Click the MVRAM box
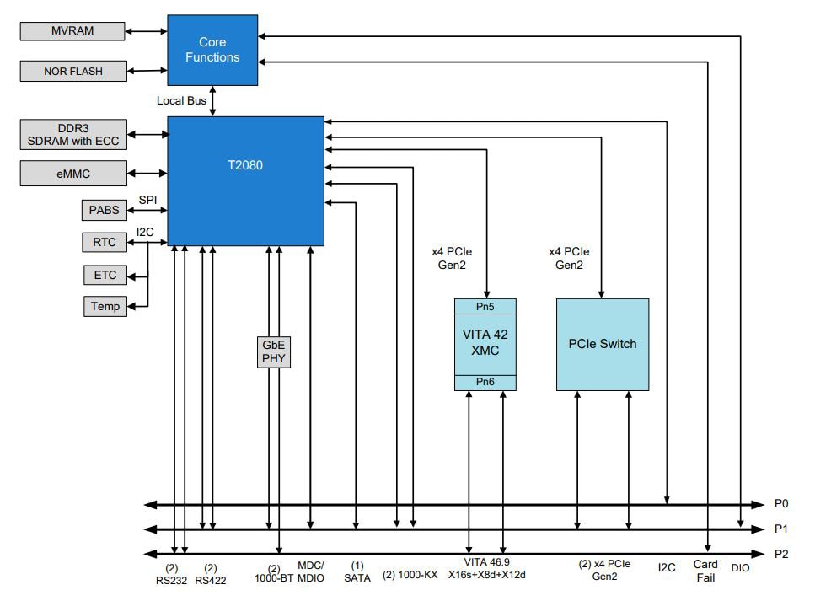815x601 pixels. pyautogui.click(x=72, y=31)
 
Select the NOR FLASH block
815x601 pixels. pyautogui.click(x=72, y=72)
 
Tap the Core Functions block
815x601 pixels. pyautogui.click(x=212, y=50)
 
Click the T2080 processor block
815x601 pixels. pyautogui.click(x=245, y=180)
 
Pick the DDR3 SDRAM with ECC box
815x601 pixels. pyautogui.click(x=72, y=135)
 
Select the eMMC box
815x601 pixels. pyautogui.click(x=72, y=174)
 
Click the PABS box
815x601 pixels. pyautogui.click(x=105, y=208)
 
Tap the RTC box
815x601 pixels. pyautogui.click(x=105, y=243)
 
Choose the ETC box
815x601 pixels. pyautogui.click(x=105, y=275)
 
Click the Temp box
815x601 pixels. pyautogui.click(x=105, y=306)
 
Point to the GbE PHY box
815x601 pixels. pyautogui.click(x=273, y=351)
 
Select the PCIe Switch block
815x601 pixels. pyautogui.click(x=602, y=344)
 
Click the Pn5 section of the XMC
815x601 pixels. pyautogui.click(x=485, y=306)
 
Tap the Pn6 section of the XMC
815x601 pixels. pyautogui.click(x=485, y=383)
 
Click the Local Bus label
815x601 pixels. pyautogui.click(x=181, y=101)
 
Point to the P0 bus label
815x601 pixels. pyautogui.click(x=780, y=504)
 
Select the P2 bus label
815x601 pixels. pyautogui.click(x=780, y=554)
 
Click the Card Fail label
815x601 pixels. pyautogui.click(x=705, y=571)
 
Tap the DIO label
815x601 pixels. pyautogui.click(x=740, y=568)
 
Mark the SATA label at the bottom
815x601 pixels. pyautogui.click(x=357, y=577)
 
